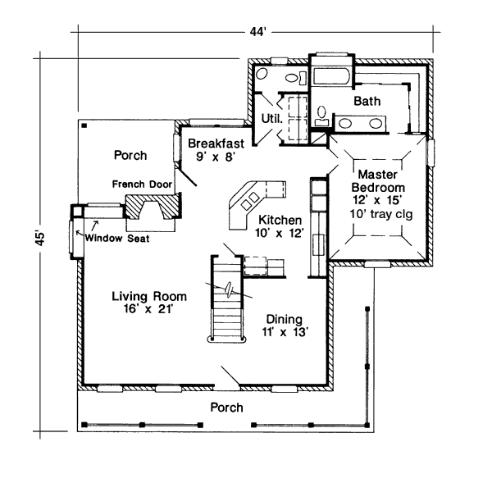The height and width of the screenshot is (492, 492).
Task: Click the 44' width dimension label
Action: [258, 32]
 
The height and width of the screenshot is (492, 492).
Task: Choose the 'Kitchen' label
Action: [280, 221]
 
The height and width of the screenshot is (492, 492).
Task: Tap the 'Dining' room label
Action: [284, 319]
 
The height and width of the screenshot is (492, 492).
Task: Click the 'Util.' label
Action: [271, 118]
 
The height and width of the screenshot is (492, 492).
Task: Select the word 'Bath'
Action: [367, 101]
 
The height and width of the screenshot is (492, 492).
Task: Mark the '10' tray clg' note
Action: [380, 215]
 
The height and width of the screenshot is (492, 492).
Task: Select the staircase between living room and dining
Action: [225, 303]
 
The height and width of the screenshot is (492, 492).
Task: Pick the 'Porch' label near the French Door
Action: [130, 155]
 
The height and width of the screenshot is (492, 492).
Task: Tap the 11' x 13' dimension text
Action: [284, 333]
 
